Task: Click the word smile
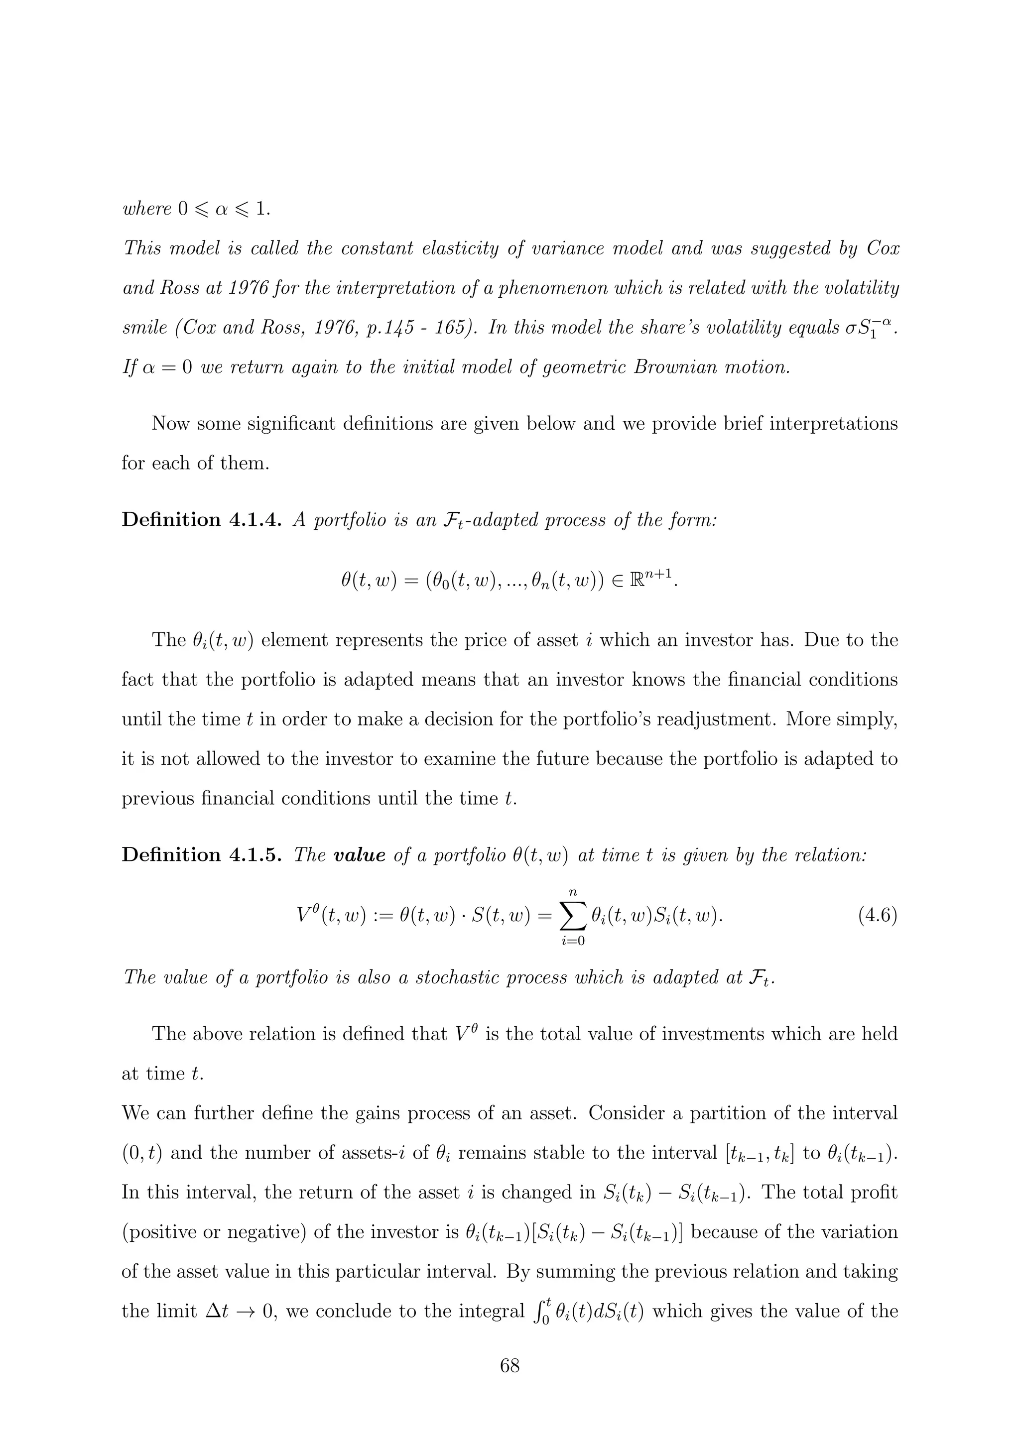coord(144,328)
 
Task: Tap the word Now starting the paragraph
coord(170,424)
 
